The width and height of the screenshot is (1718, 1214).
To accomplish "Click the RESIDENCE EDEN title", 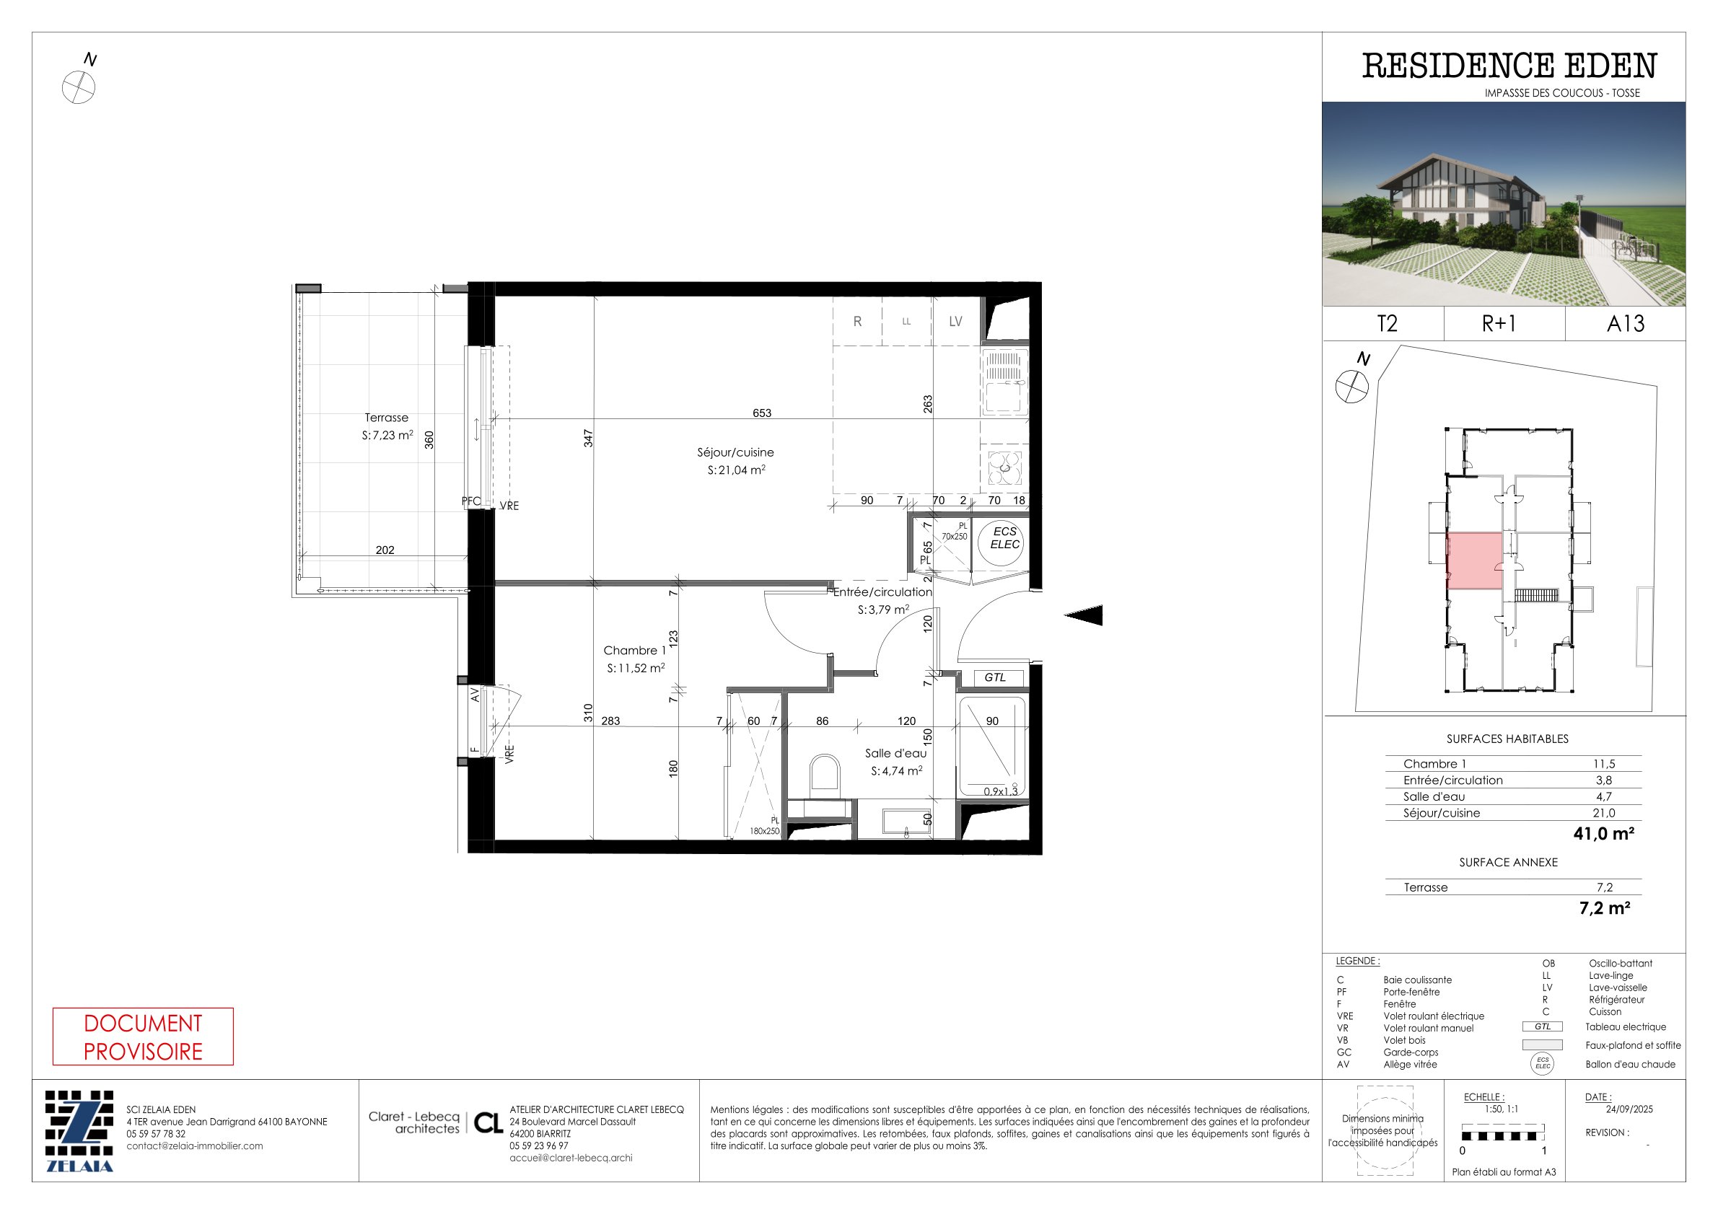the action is coord(1509,66).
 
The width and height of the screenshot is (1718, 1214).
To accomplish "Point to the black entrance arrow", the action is coord(1084,615).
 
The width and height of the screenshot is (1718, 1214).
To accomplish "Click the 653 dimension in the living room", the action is coord(762,413).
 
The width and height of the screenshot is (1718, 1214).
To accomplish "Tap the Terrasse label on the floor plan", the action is coord(386,418).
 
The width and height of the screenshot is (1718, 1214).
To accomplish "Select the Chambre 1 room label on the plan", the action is coord(634,651).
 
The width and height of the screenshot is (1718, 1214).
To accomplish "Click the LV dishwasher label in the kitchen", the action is coord(955,322).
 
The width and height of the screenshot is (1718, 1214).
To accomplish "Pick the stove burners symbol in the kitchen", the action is coord(1004,468).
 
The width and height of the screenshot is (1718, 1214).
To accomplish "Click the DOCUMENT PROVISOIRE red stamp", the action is coord(143,1037).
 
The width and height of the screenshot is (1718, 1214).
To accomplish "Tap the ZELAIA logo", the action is coord(79,1131).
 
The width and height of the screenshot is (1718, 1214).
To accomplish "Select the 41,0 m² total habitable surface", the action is coord(1603,833).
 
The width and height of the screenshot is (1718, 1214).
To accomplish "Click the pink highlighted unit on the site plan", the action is coord(1474,561).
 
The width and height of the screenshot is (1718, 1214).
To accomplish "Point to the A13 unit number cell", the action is coord(1625,324).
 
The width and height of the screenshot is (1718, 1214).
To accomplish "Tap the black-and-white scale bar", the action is coord(1502,1135).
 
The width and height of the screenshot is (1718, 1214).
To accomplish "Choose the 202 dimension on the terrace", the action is coord(385,550).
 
